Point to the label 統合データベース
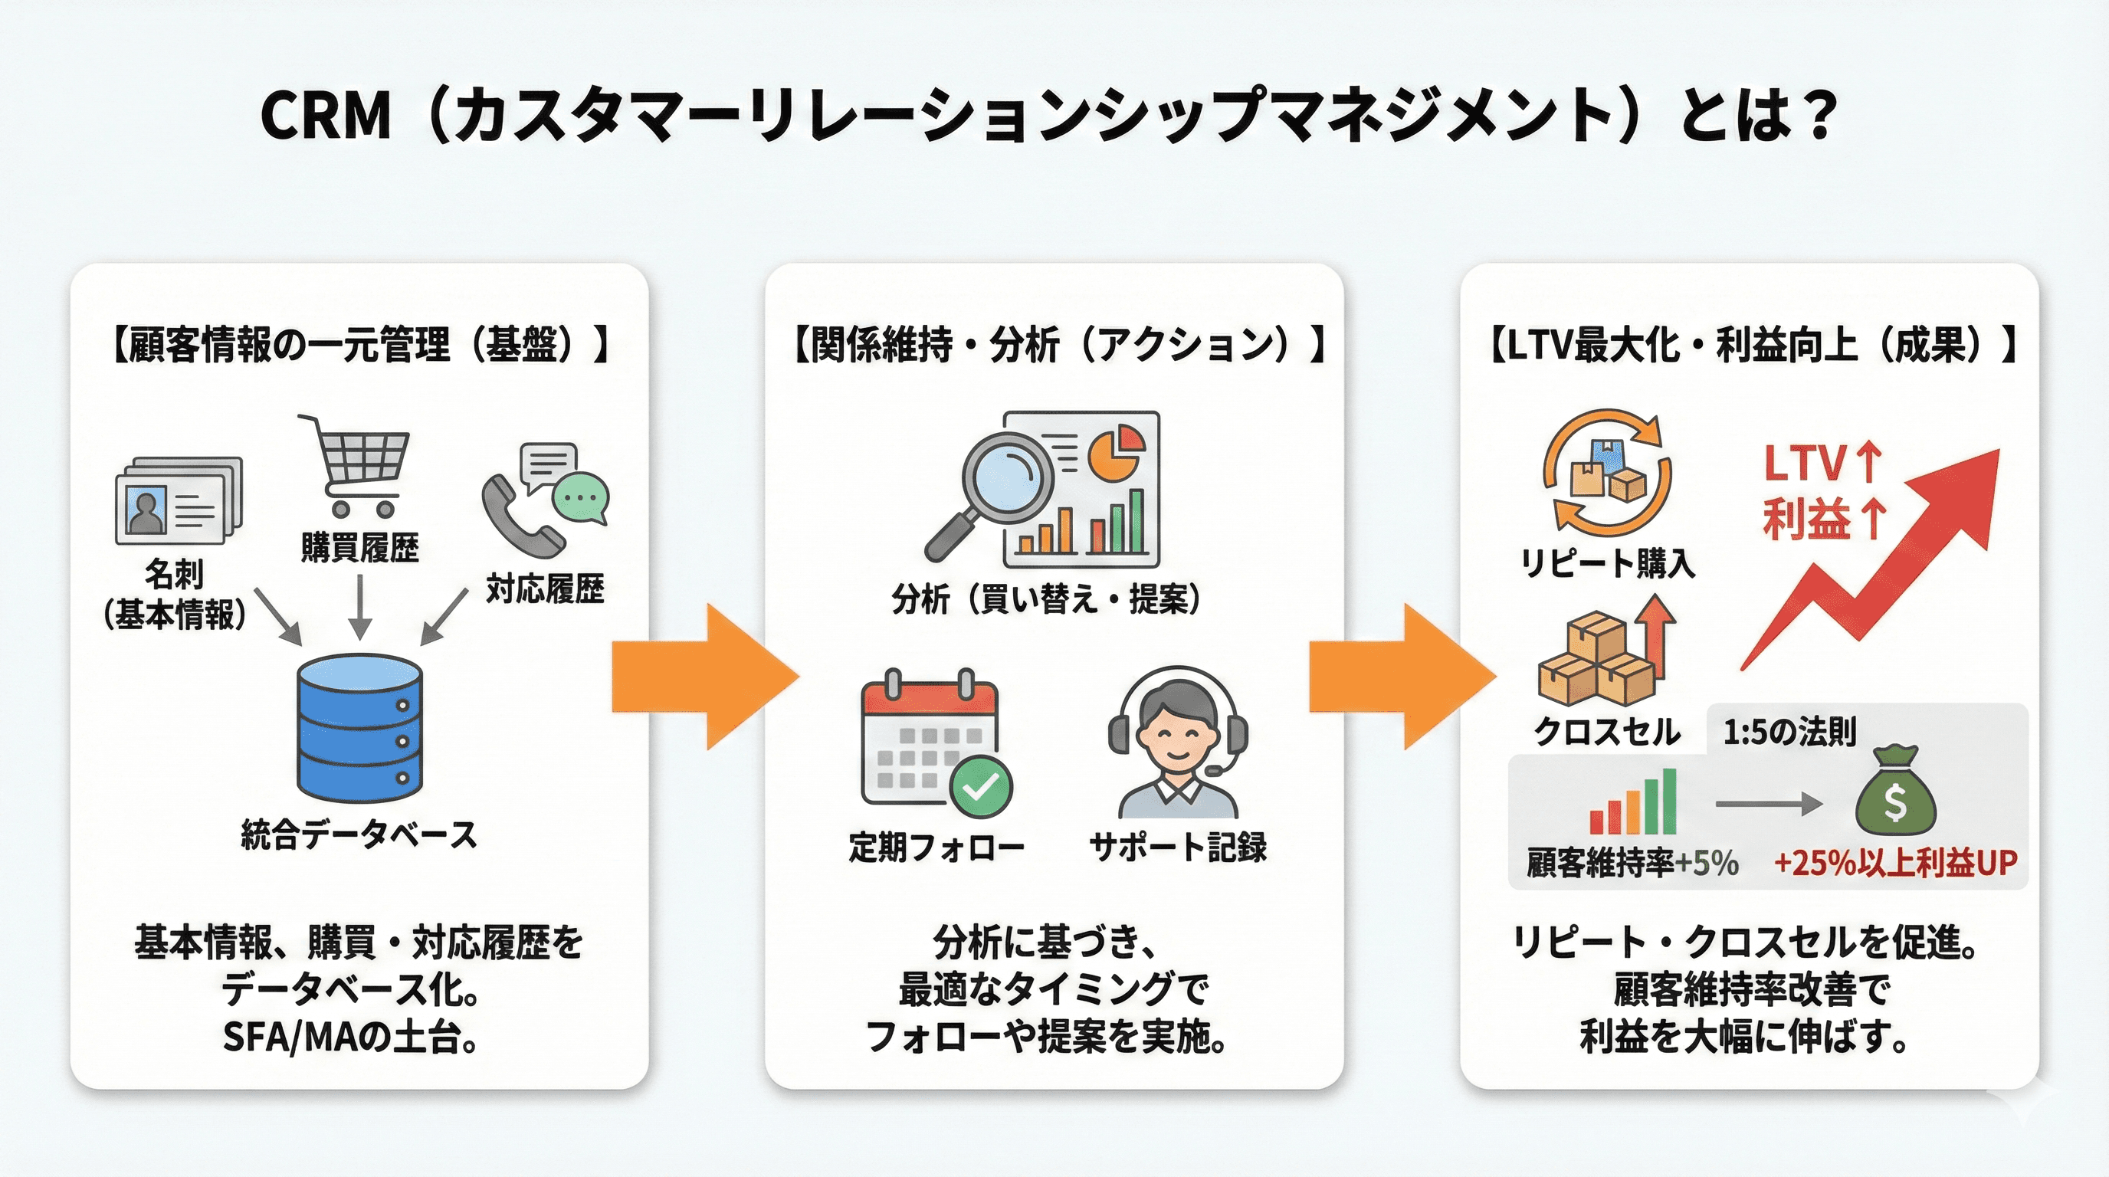359,835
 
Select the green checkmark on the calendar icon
980,786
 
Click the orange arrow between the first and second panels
704,677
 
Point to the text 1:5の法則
1789,732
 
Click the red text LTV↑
1822,464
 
